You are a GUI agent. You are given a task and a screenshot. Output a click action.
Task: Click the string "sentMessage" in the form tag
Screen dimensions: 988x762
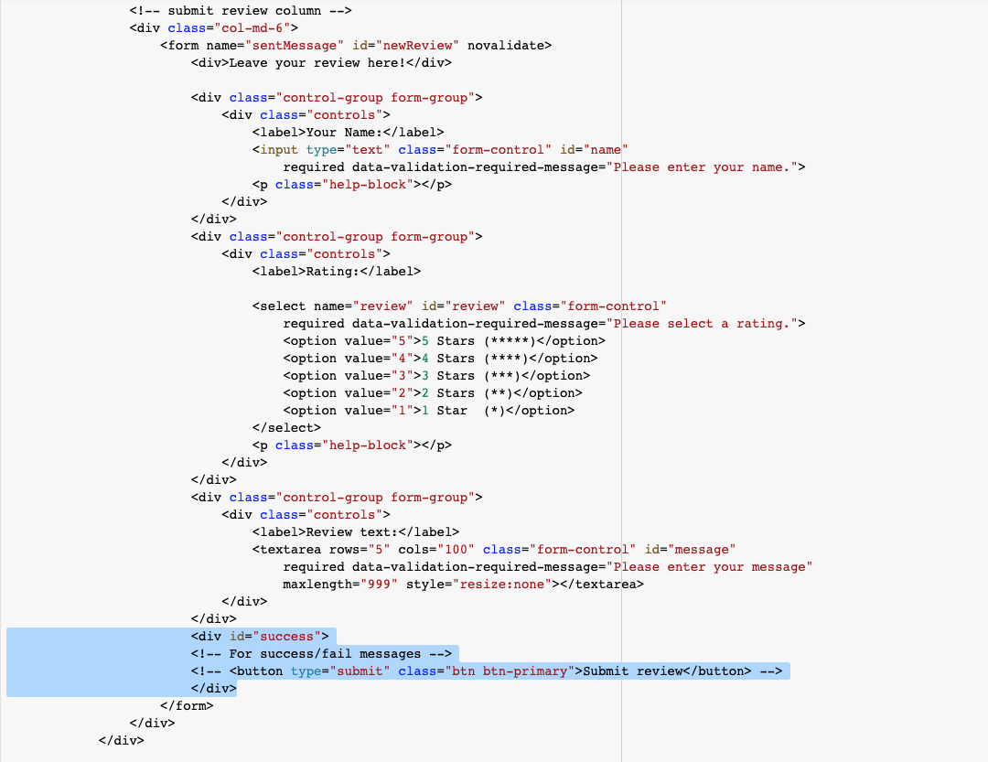point(295,46)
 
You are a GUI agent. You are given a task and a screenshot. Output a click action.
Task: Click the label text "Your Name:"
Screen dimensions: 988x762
point(344,133)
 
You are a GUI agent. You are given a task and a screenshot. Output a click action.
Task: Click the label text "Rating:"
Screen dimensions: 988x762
point(333,272)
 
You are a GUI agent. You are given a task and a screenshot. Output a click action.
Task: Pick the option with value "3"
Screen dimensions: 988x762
point(436,376)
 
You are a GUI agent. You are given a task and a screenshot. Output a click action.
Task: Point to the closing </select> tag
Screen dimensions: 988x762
point(286,428)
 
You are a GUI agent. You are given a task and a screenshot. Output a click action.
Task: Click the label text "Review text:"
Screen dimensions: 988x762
point(351,532)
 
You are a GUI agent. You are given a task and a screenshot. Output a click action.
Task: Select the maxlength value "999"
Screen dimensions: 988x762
point(380,585)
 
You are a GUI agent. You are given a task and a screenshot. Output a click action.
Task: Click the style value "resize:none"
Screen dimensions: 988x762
point(502,585)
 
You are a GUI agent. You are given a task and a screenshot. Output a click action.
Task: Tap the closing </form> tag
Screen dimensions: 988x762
point(188,706)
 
